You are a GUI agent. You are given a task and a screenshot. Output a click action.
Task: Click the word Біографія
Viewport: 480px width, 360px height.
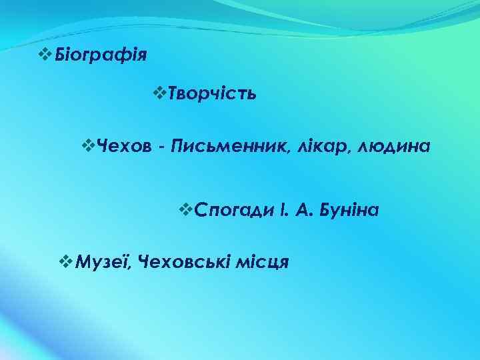(x=101, y=52)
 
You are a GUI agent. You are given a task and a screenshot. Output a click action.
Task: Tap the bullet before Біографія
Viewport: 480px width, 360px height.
(x=45, y=51)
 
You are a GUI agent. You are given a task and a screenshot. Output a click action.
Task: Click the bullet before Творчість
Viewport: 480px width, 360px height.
(x=159, y=92)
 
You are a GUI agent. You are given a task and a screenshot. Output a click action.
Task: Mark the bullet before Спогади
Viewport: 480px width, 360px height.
(x=187, y=209)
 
